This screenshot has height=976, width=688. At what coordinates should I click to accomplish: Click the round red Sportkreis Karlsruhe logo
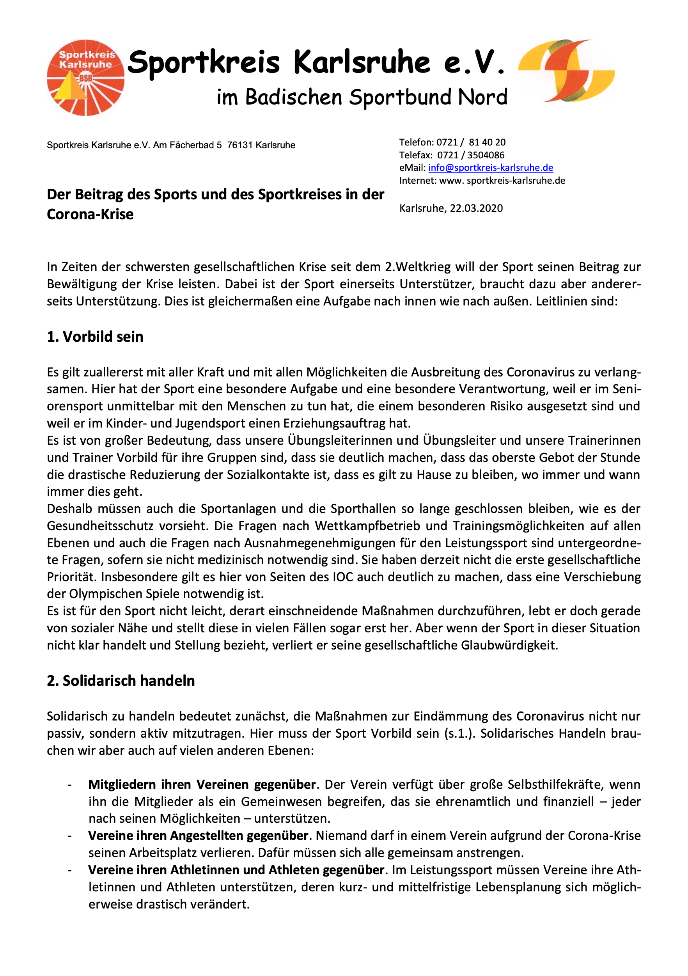click(85, 78)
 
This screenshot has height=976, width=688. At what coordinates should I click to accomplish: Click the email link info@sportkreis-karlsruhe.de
click(490, 168)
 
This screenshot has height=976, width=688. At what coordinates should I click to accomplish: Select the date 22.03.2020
click(476, 208)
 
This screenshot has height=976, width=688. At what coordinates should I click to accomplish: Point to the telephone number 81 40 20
click(487, 142)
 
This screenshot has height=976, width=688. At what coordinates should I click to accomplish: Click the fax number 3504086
click(486, 155)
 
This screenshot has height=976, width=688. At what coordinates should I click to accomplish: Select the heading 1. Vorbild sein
click(95, 337)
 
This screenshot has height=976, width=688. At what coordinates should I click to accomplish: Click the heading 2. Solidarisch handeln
click(121, 681)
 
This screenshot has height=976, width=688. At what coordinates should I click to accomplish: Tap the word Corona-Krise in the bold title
click(90, 214)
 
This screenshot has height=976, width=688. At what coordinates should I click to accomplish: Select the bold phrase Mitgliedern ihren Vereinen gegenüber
click(202, 784)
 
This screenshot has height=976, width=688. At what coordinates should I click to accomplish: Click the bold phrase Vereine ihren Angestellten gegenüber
click(198, 835)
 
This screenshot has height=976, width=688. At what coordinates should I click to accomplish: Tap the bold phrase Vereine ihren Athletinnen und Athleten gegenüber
click(236, 870)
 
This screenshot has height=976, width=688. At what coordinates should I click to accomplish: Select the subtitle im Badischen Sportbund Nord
click(362, 98)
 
